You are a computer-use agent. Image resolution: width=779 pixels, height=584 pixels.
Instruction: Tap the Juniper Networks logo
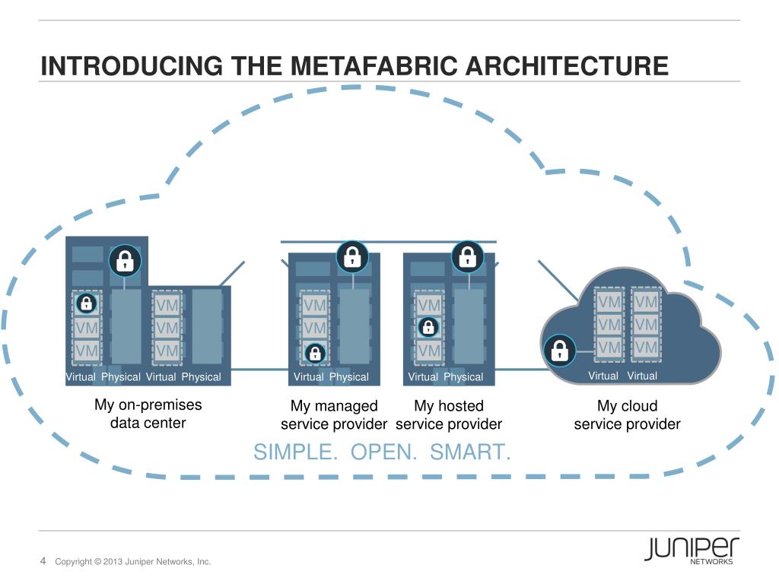coord(692,550)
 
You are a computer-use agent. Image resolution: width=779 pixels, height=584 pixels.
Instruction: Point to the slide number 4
coord(43,561)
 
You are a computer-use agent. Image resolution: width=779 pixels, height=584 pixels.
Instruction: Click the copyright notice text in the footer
coord(132,562)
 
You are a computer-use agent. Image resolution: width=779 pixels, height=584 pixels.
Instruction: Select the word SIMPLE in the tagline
coord(296,452)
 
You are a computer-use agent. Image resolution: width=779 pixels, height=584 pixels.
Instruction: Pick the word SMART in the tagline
coord(470,452)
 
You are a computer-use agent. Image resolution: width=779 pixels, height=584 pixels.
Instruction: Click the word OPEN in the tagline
coord(384,452)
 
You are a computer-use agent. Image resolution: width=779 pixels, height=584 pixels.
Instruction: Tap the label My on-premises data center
coord(148,414)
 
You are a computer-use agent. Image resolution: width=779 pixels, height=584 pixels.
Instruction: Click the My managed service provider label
coord(334,415)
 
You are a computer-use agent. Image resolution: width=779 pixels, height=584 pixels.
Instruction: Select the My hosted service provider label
coord(449,415)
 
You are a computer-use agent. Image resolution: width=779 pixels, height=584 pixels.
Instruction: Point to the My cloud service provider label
coord(627,415)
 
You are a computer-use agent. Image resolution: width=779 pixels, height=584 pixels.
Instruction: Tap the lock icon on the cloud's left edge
coord(560,350)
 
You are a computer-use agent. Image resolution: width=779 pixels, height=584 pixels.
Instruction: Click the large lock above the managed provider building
coord(352,256)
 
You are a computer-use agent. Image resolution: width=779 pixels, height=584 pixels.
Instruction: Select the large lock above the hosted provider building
coord(467,256)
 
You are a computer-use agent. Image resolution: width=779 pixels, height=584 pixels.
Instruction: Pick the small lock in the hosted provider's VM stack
coord(429,327)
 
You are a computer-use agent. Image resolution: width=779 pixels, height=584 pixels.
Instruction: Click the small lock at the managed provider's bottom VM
coord(314,353)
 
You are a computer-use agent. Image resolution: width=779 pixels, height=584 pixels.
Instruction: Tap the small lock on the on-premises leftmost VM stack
coord(86,303)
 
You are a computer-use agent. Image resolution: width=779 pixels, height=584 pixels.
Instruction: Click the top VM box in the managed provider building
coord(314,305)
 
